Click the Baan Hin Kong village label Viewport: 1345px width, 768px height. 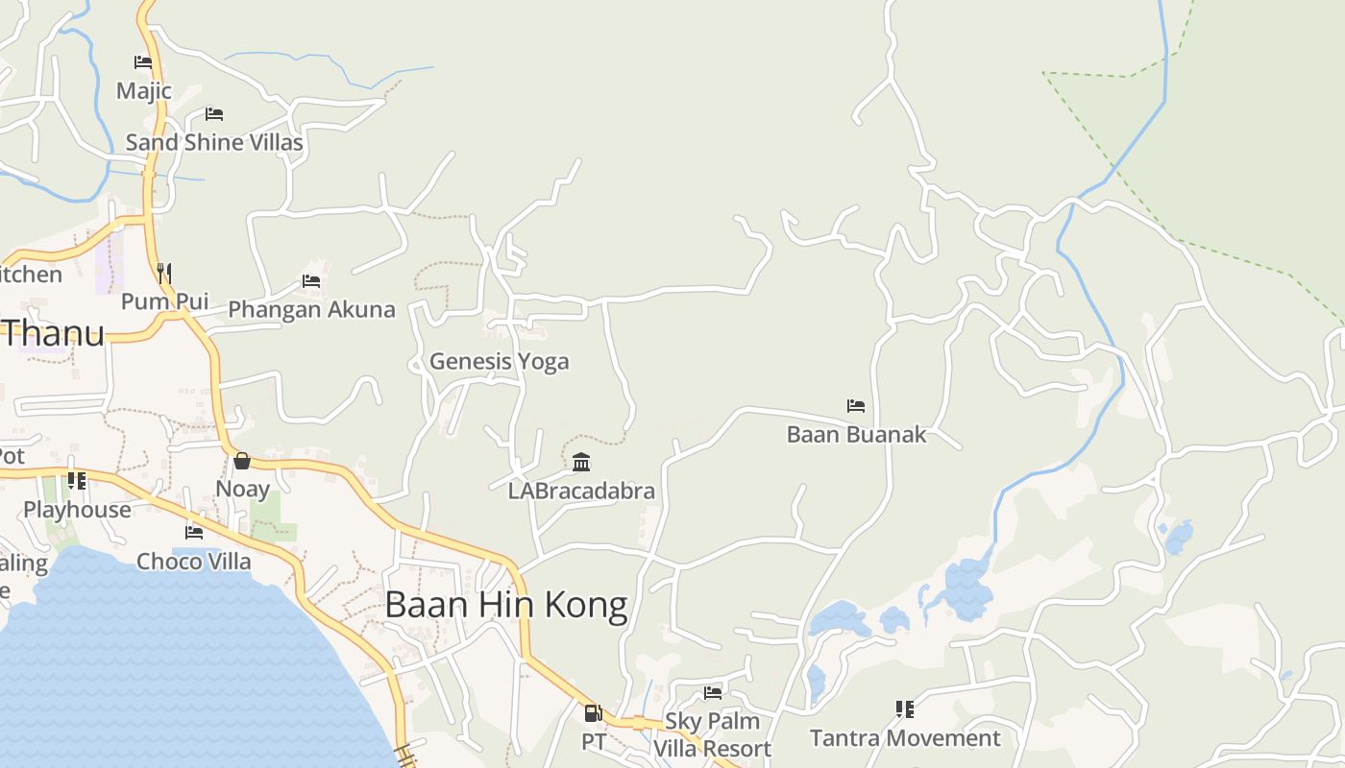coord(506,605)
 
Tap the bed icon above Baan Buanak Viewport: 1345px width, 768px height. coord(856,406)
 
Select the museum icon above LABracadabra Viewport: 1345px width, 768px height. coord(581,463)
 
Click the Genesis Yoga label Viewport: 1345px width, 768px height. coord(499,361)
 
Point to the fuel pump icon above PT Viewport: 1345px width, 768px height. coord(594,713)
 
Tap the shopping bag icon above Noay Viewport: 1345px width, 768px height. coord(242,461)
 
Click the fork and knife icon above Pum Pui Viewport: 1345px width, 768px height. coord(164,274)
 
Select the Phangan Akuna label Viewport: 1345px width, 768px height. coord(311,309)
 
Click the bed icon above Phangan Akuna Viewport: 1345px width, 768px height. coord(311,281)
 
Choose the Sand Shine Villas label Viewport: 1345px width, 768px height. coord(214,143)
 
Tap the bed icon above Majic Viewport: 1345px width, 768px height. coord(143,63)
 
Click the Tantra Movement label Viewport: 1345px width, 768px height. coord(905,738)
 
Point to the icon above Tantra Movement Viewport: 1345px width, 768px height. coord(905,709)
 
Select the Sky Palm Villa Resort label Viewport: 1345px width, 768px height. coord(712,734)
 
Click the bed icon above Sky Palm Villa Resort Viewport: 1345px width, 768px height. coord(713,692)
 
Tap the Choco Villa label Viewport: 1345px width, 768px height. coord(194,561)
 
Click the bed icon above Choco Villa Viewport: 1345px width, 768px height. coord(194,532)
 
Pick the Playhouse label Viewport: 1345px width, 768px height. coord(77,509)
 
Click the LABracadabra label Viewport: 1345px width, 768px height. coord(581,491)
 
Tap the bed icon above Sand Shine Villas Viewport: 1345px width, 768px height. coord(214,114)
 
